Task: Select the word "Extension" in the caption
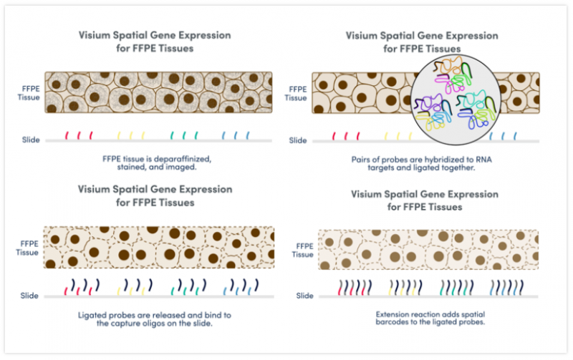coord(394,315)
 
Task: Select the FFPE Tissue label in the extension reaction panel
coord(303,250)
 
